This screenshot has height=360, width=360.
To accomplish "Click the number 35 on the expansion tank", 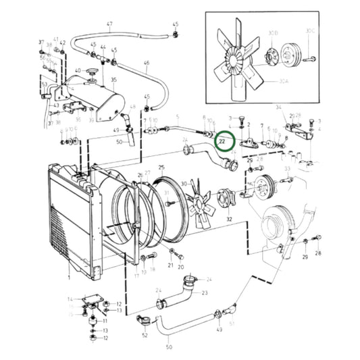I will point(113,80).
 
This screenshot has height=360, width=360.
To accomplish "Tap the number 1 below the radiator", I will point(68,277).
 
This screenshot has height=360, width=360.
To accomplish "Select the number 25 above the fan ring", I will point(161,167).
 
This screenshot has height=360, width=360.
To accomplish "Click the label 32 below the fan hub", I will point(229,220).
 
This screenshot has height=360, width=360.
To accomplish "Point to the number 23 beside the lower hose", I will point(204,292).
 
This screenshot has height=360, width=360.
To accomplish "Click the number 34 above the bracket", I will point(278,107).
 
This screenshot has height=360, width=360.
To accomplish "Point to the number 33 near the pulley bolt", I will point(287,169).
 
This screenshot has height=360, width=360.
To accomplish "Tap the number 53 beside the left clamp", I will point(44,84).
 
